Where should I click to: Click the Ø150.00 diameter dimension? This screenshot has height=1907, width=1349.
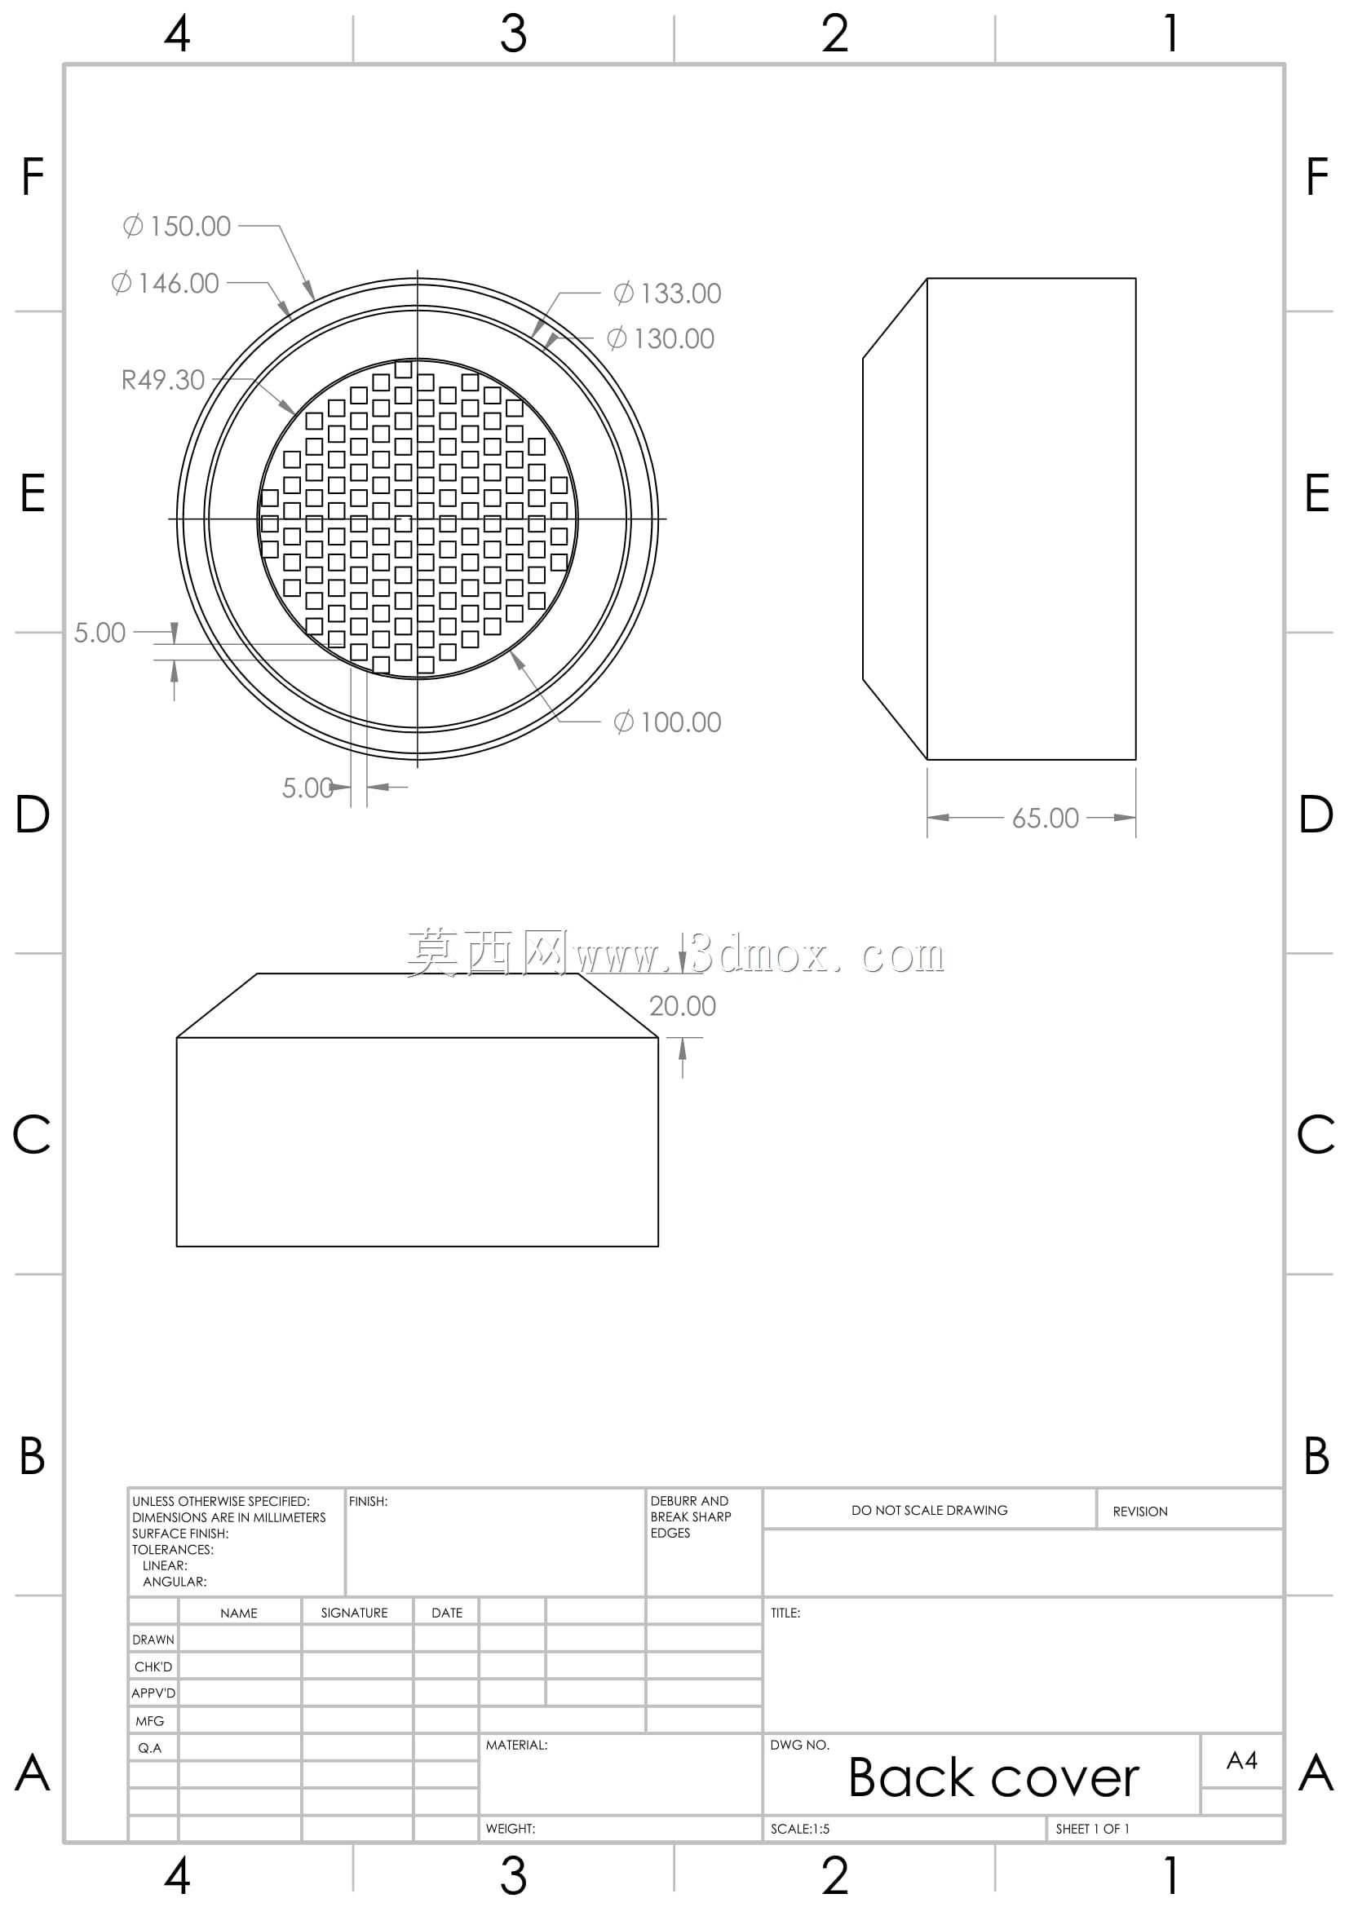click(x=177, y=226)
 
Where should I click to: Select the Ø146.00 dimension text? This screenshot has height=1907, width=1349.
click(x=166, y=283)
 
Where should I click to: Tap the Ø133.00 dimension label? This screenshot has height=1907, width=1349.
click(x=667, y=294)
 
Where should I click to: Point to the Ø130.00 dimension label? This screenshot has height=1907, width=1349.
click(x=661, y=339)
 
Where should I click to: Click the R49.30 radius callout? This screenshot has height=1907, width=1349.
click(x=163, y=381)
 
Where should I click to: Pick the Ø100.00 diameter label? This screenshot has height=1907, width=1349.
click(x=667, y=722)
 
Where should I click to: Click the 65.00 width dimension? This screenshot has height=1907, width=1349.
click(x=1045, y=818)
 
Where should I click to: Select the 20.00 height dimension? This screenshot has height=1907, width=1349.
click(x=682, y=1006)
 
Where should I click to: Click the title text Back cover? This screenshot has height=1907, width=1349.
click(x=993, y=1778)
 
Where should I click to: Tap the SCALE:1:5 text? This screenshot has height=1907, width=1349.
click(x=800, y=1829)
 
